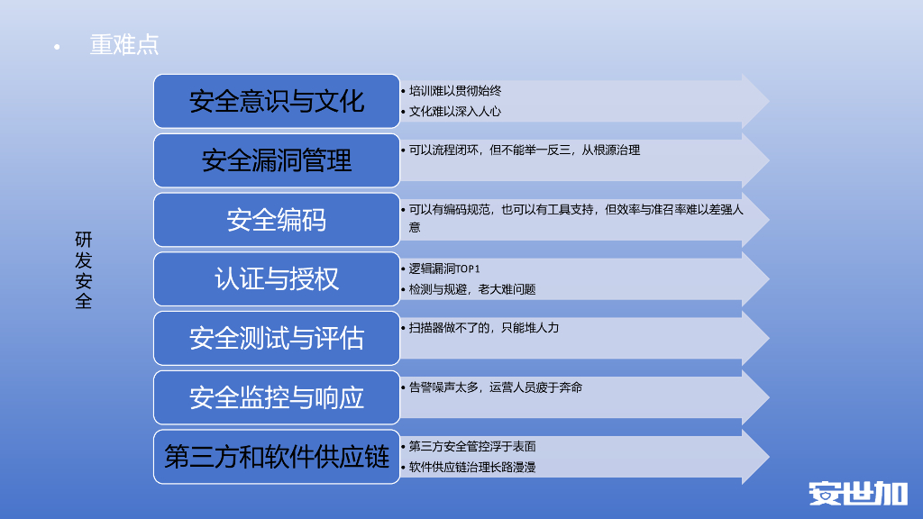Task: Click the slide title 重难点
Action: pos(124,44)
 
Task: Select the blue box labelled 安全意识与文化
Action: pos(276,101)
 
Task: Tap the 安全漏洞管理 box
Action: pos(276,160)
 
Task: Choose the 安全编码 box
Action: pos(276,220)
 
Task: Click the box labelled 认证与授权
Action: pos(276,278)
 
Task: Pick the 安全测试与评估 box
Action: pos(276,338)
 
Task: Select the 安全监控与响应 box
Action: pos(276,397)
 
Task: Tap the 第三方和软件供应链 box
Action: pos(276,457)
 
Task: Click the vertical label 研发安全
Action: pos(83,270)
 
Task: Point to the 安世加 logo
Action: pos(857,493)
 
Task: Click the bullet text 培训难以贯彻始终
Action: pos(455,91)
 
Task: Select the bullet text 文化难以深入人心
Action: pos(455,112)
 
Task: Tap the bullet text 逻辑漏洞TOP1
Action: pos(444,269)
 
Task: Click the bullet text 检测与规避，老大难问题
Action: pos(472,289)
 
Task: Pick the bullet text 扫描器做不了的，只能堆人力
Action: pos(484,328)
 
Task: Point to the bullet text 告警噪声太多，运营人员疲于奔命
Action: pos(496,387)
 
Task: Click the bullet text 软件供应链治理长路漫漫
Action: pos(472,467)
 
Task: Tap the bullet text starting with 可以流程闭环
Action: pos(525,150)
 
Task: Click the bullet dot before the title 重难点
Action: pos(57,46)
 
